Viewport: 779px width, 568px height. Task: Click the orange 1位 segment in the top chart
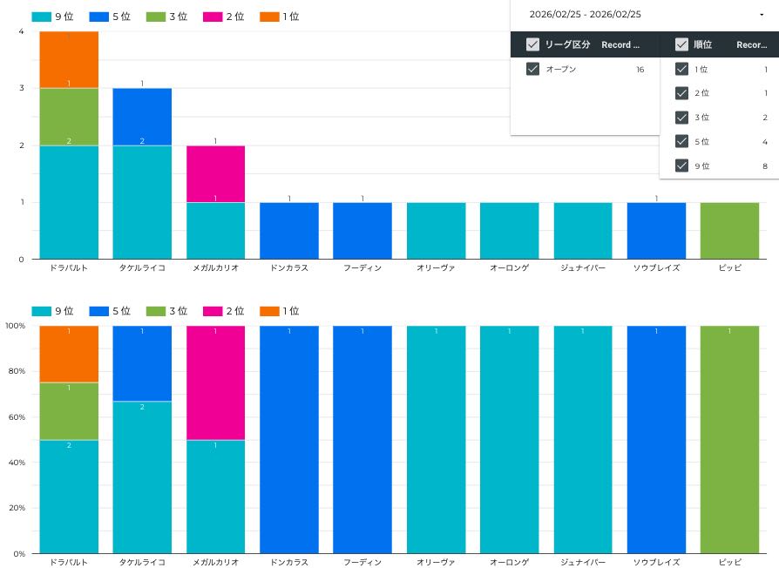(x=69, y=59)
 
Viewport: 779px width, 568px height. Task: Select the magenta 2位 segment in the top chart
(x=215, y=174)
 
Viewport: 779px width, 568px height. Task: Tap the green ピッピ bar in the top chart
(x=729, y=231)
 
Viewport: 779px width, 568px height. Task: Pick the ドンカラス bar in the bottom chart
(x=288, y=440)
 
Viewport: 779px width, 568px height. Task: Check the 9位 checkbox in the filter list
(x=682, y=166)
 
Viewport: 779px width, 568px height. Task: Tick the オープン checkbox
(x=533, y=70)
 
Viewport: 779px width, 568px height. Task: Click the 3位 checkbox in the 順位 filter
(x=682, y=118)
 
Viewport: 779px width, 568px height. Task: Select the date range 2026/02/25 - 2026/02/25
(x=585, y=15)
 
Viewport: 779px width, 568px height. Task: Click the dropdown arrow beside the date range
(x=762, y=15)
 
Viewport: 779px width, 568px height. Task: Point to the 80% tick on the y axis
(x=16, y=371)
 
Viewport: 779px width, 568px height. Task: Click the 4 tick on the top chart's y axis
(x=21, y=31)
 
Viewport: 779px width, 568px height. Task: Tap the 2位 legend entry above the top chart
(x=225, y=17)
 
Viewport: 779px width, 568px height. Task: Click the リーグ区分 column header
(x=566, y=44)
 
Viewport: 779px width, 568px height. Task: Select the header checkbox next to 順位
(x=681, y=44)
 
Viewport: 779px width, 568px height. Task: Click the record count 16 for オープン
(x=640, y=70)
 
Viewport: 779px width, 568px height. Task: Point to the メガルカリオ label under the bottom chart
(x=215, y=563)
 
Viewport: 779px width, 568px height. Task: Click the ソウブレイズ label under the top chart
(x=656, y=268)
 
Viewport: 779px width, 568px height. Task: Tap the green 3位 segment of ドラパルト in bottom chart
(x=69, y=411)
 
